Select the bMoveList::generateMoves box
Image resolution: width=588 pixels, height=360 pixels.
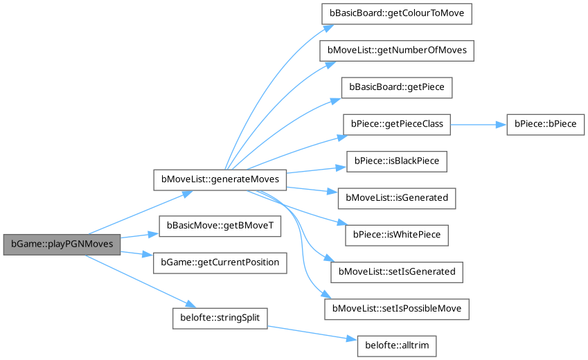[219, 179]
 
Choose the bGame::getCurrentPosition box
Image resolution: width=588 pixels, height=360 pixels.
[220, 262]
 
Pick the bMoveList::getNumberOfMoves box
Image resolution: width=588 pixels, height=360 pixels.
[396, 51]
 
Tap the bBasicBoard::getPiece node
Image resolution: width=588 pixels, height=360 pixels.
[396, 88]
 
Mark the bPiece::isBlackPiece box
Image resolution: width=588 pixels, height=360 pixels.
[396, 161]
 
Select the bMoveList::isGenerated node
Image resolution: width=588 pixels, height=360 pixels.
[396, 198]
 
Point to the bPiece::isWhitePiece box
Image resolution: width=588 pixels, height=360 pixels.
[396, 235]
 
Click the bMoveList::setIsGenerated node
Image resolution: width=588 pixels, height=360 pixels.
[396, 271]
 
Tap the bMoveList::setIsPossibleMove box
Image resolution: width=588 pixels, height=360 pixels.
[398, 308]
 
